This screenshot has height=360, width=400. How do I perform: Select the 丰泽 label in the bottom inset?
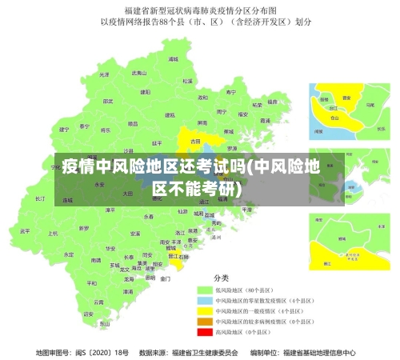(350, 255)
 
